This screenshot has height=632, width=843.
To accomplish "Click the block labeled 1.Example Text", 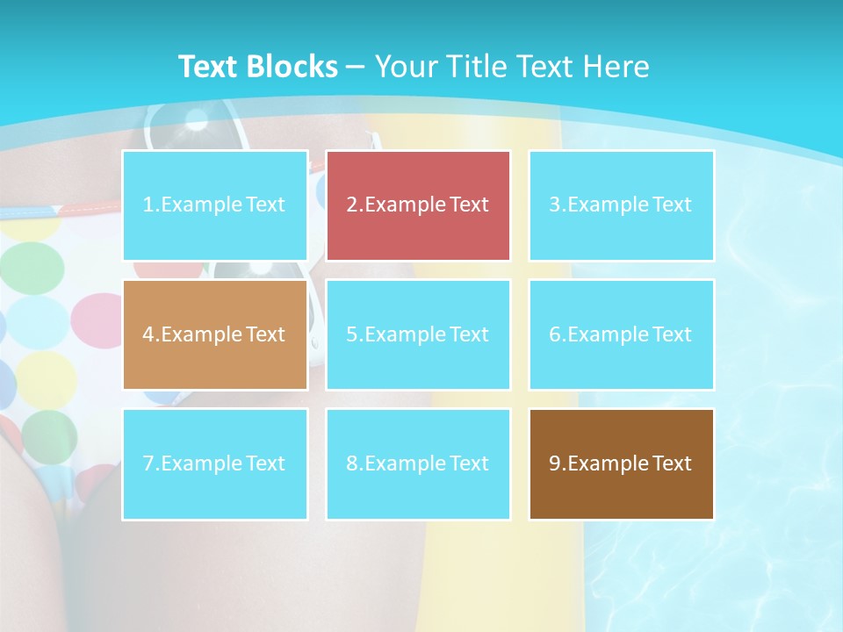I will [x=215, y=205].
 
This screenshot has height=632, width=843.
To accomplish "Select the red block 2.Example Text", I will [x=418, y=205].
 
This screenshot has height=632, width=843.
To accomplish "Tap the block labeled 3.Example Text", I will [x=621, y=205].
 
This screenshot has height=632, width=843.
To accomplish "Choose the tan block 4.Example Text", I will [x=215, y=334].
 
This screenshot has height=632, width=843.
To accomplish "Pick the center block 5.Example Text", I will [x=418, y=334].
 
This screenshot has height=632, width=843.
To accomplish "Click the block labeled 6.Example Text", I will [x=621, y=334].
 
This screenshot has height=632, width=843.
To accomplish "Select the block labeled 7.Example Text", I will [x=215, y=463].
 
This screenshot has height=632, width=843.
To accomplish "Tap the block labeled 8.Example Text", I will [x=418, y=463].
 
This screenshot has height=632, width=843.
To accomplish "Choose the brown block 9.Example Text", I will [x=621, y=463].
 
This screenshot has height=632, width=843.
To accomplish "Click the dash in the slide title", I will [x=356, y=67].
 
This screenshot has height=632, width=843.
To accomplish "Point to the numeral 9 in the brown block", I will [x=555, y=463].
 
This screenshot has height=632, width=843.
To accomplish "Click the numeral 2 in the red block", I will [x=352, y=205].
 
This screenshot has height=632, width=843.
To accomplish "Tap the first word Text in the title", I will [x=209, y=67].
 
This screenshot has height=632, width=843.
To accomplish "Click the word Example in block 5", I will [x=406, y=334].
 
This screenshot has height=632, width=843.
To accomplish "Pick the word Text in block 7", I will [x=265, y=463].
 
